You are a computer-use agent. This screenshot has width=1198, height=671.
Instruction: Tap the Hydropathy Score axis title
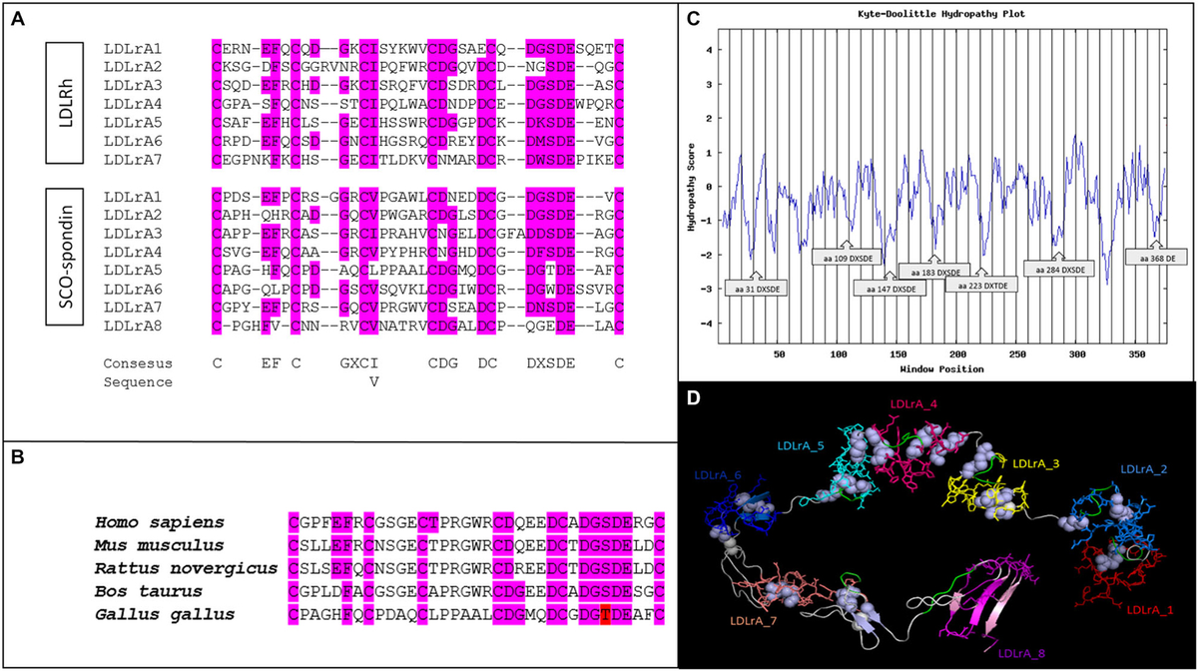692,184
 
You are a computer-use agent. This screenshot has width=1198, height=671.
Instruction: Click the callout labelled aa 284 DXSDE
1059,269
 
